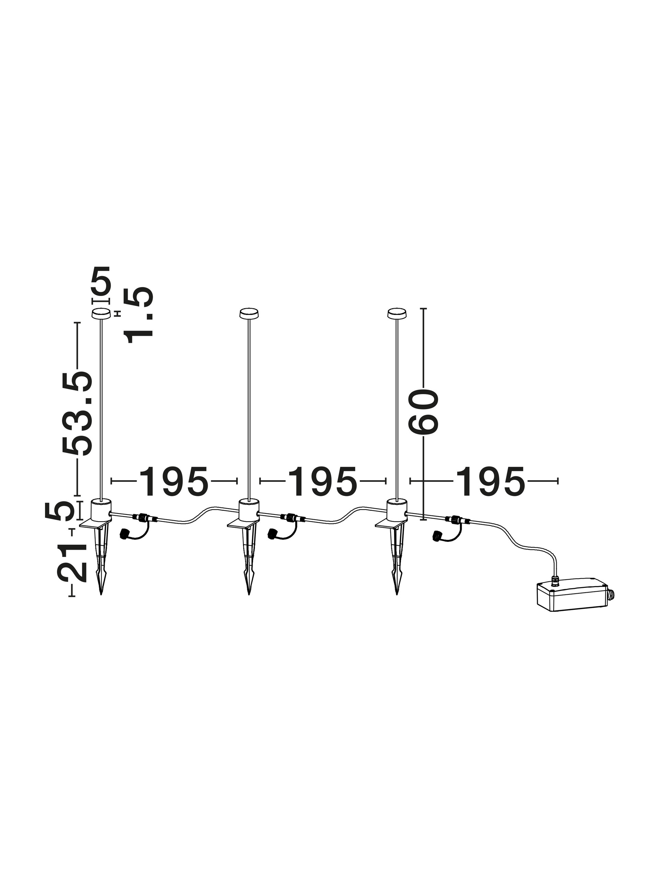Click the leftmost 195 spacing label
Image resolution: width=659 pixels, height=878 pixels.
(173, 482)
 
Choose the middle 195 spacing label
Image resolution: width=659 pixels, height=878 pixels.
(323, 482)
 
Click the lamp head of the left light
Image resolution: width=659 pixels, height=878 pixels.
(101, 313)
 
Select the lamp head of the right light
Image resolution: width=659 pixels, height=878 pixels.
(396, 313)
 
